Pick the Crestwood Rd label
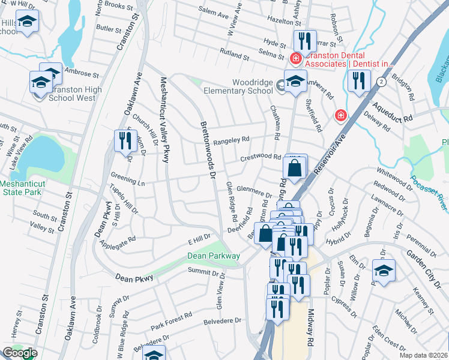point(261,158)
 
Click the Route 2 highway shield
point(381,81)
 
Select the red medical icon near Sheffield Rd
point(340,114)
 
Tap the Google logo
point(20,353)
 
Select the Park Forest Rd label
point(171,321)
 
